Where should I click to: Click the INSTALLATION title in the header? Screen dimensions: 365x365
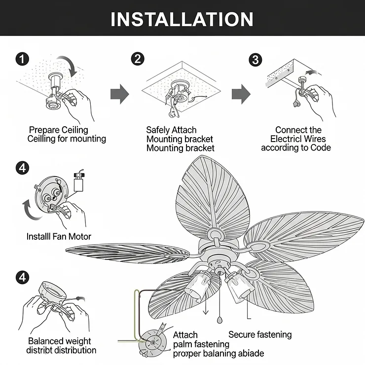tap(182, 19)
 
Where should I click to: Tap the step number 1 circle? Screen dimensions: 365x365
tap(22, 59)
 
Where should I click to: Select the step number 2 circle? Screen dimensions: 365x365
tap(138, 59)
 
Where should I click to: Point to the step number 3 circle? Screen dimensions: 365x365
tap(255, 60)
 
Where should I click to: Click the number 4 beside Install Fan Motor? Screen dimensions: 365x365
tap(22, 168)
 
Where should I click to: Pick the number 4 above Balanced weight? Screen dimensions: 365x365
tap(22, 277)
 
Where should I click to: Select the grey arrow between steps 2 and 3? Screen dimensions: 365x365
tap(241, 94)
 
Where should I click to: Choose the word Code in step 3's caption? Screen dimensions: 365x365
tap(321, 148)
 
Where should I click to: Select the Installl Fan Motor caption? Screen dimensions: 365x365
tap(59, 237)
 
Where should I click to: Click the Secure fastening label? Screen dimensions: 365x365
tap(260, 335)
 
